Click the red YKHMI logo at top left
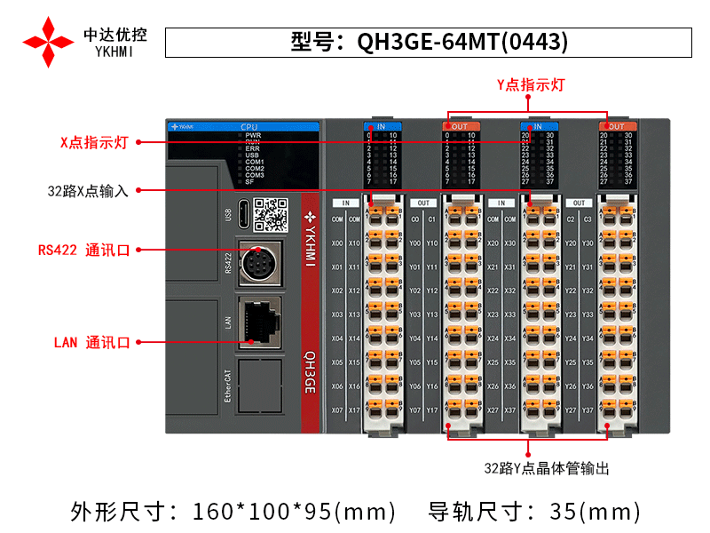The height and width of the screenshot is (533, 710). coord(49,41)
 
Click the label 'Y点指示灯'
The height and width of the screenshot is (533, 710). coord(531,85)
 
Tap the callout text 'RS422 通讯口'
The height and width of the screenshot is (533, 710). coord(84,251)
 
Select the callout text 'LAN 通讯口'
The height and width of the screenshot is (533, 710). coord(92,342)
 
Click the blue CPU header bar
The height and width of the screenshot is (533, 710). coord(242,127)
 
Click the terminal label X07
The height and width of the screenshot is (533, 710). coord(337,410)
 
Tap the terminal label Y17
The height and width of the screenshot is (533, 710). coord(432,410)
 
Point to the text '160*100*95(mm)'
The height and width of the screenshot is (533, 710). coord(295,512)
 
